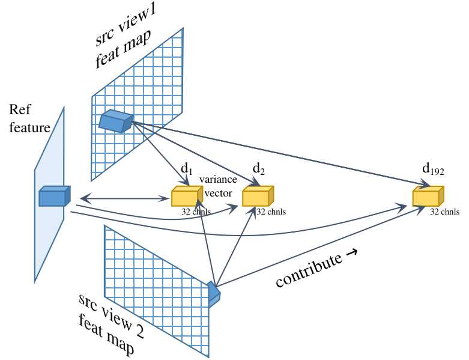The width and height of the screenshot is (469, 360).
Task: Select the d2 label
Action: tap(259, 169)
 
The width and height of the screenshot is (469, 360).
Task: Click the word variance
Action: tap(218, 180)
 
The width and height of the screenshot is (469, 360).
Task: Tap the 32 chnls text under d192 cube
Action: tap(445, 212)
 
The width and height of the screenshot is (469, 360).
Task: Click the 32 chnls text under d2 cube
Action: tap(271, 212)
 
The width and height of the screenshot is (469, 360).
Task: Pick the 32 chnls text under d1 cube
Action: tap(196, 212)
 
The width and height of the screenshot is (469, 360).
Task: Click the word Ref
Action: tap(19, 110)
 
